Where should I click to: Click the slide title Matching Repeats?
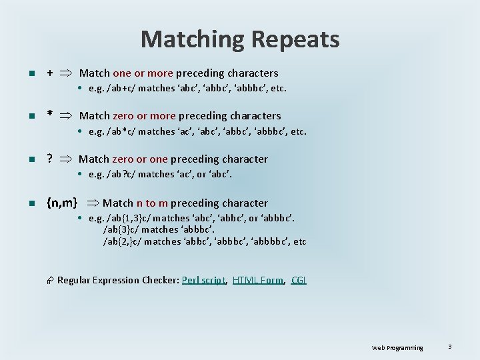(x=240, y=40)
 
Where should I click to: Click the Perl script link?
(x=204, y=280)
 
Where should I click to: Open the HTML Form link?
(x=258, y=280)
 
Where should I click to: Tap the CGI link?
(x=299, y=280)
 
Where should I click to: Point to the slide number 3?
(x=450, y=347)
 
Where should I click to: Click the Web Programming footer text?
(x=397, y=347)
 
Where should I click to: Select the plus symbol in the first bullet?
(x=50, y=73)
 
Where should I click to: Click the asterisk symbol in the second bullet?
(x=50, y=116)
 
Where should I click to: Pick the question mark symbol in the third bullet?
(x=50, y=159)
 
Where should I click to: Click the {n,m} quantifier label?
(x=62, y=203)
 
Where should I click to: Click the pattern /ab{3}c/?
(x=123, y=230)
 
